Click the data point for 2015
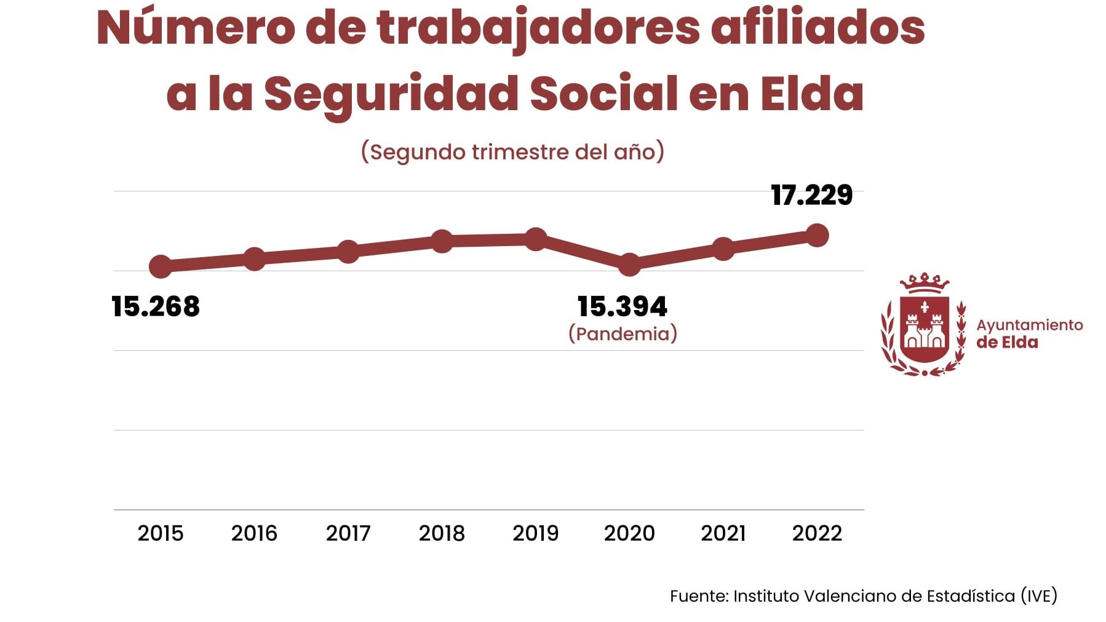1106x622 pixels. tap(161, 266)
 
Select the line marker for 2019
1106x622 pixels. tap(536, 239)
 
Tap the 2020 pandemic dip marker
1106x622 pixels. tap(629, 265)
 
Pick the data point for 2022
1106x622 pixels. tap(817, 235)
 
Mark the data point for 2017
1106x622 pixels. tap(348, 252)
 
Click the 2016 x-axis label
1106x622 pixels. tap(254, 533)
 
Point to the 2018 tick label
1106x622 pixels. tap(442, 533)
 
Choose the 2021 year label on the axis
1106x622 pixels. tap(723, 533)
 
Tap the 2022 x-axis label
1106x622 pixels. tap(817, 533)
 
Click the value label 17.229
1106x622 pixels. tap(811, 196)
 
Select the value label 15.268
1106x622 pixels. tap(156, 306)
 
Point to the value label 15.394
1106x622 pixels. tap(623, 306)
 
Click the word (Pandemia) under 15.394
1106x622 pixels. tap(623, 333)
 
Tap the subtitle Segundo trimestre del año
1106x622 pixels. tap(512, 152)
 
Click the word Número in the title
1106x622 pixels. tap(196, 29)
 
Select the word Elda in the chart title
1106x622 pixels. tap(812, 94)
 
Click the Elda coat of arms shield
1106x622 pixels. tap(924, 330)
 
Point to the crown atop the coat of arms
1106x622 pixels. tap(924, 283)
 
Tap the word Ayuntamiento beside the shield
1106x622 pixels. tap(1029, 325)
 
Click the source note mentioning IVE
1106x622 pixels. tap(863, 596)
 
